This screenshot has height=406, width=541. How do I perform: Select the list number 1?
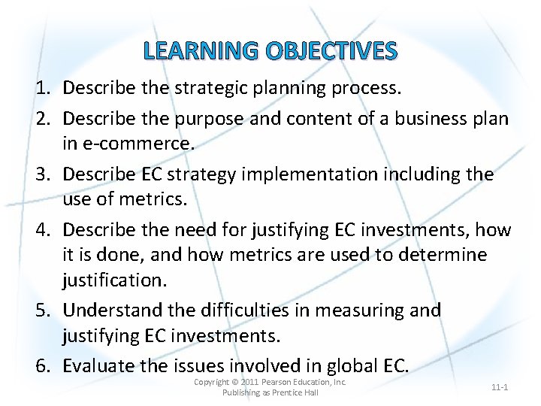[x=41, y=89]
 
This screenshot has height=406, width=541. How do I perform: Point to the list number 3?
[x=41, y=174]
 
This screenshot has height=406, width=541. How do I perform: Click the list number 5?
[x=41, y=311]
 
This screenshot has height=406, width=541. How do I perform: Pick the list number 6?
[x=41, y=366]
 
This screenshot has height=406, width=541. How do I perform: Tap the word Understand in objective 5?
[x=111, y=311]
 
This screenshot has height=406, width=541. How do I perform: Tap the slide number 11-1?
[x=500, y=387]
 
